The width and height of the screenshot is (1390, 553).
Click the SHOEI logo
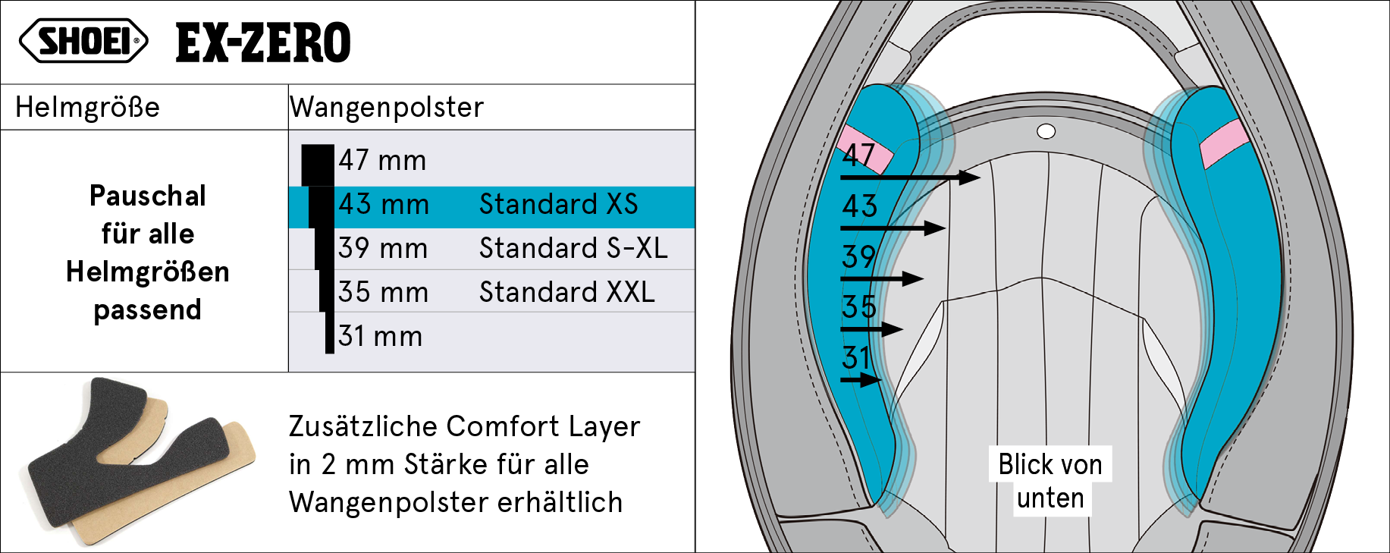coord(83,40)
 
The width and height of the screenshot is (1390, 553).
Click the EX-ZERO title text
coord(263,42)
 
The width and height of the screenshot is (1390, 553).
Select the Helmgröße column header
coord(87,107)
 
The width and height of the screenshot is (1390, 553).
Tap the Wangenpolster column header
coord(387,107)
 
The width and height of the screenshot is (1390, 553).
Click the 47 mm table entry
coord(382,161)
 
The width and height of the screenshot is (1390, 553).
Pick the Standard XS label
coord(558,204)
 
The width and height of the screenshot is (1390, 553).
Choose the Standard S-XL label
coord(573,248)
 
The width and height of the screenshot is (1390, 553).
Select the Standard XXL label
coord(567,292)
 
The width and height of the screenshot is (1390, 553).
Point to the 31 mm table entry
coord(380,336)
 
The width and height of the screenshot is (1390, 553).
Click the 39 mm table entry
coord(383,248)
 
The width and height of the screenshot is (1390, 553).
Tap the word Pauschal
coord(148,196)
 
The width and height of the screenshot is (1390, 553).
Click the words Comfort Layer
coord(543,426)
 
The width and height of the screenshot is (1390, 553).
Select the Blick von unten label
coord(1050,481)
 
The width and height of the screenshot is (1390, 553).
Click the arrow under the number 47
coord(910,178)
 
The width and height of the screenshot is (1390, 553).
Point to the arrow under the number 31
coord(861,379)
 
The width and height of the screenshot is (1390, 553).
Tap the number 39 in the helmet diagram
coord(859,256)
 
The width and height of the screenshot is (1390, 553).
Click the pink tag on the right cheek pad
coord(1224,143)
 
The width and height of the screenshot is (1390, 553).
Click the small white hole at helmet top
coord(1046,132)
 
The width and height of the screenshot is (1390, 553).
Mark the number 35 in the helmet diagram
coord(859,307)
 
